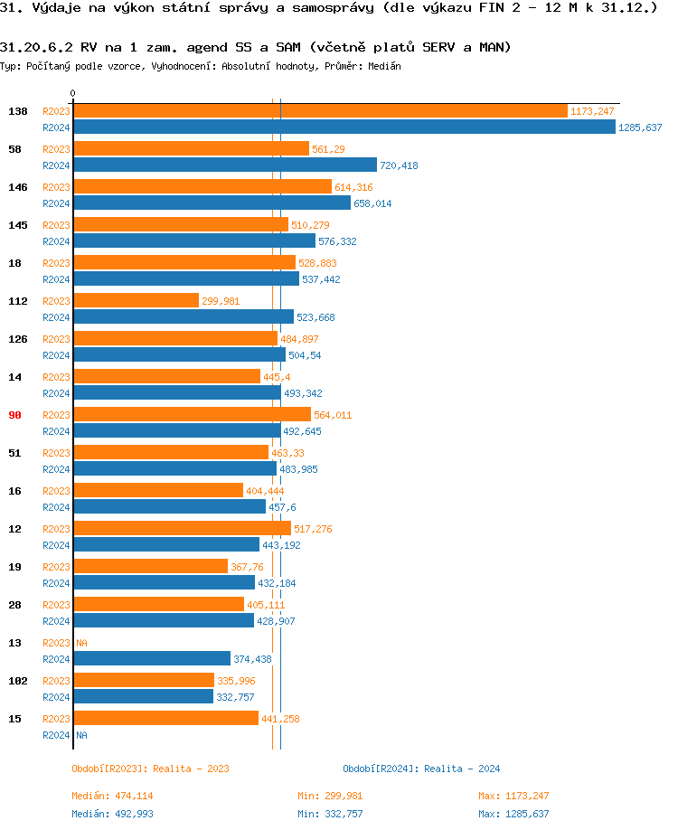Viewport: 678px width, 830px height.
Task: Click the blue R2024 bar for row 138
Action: click(344, 127)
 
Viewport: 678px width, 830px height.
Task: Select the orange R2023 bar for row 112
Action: click(136, 300)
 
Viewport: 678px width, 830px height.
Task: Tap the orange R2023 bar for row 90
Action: click(192, 414)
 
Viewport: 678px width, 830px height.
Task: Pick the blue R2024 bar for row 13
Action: click(152, 658)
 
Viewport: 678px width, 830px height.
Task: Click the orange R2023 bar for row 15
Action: click(165, 718)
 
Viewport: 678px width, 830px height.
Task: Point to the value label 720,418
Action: click(399, 165)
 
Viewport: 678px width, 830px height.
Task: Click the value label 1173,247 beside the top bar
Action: click(592, 111)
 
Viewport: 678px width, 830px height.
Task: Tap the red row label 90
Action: click(14, 415)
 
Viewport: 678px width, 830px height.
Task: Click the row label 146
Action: click(17, 187)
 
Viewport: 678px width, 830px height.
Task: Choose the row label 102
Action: click(17, 681)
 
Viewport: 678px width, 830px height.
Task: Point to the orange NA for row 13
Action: click(81, 643)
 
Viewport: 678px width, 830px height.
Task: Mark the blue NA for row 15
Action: click(81, 735)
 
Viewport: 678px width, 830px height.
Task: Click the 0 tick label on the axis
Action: click(73, 93)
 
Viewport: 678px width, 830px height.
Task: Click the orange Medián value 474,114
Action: click(135, 796)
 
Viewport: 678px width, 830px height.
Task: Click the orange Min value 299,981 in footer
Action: click(344, 796)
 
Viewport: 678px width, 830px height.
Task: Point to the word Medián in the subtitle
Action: click(385, 66)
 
